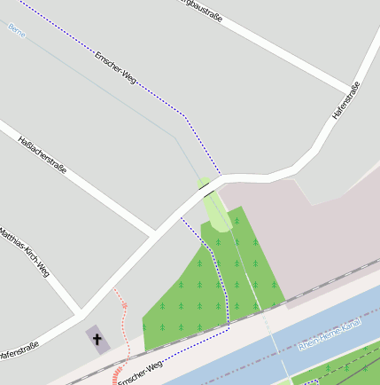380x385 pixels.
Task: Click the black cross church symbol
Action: [97, 338]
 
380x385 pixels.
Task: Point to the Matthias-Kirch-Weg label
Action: [24, 253]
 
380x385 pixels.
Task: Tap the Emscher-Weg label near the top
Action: [114, 67]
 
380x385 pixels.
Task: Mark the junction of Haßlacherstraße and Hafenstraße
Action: [154, 234]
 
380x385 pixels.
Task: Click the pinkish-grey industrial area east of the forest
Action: [310, 231]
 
